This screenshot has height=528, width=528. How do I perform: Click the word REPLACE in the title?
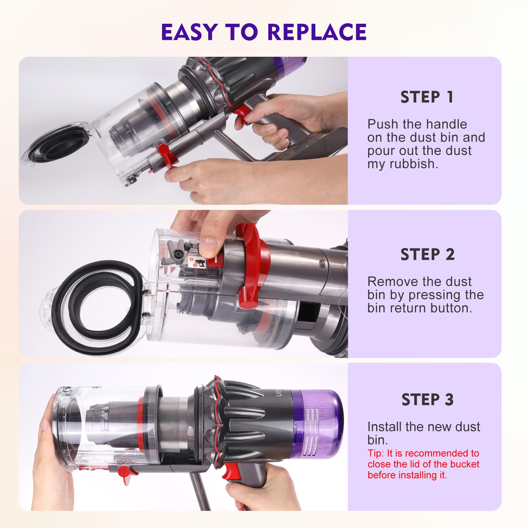[x=317, y=32]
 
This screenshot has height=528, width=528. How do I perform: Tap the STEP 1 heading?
[x=427, y=97]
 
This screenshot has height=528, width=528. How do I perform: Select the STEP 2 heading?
[x=427, y=254]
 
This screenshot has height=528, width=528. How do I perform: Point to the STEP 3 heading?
[x=427, y=400]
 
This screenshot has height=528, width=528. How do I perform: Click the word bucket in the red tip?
[x=463, y=464]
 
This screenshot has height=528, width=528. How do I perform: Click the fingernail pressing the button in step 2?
[x=207, y=246]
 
